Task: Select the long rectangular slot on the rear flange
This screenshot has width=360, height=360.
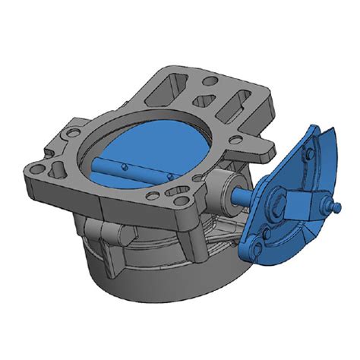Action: (x=237, y=101)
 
